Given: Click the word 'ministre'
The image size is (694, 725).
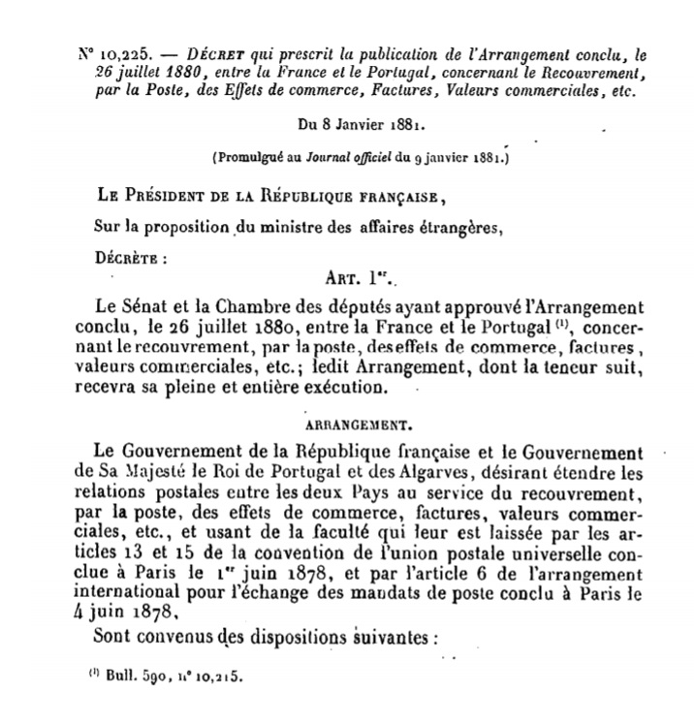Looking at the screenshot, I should coord(289,229).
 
